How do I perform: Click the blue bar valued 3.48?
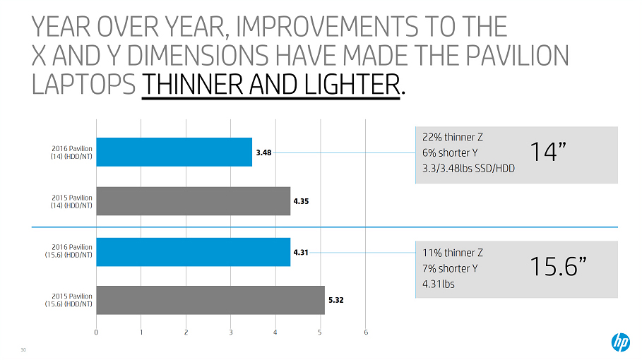click(174, 152)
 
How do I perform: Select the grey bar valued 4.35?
click(193, 200)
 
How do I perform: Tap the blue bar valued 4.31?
click(193, 251)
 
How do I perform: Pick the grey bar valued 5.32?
click(210, 300)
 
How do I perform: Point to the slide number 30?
click(23, 349)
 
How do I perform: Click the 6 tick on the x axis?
click(365, 332)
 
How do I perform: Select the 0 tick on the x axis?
click(96, 332)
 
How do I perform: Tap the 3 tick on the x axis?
click(231, 332)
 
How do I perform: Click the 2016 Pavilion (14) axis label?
click(73, 152)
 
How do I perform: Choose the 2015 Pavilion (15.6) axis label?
click(73, 300)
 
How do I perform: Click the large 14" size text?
click(552, 150)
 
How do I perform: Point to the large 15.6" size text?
click(559, 266)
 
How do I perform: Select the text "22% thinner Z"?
click(452, 137)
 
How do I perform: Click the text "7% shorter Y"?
click(451, 268)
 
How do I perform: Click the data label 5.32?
click(336, 300)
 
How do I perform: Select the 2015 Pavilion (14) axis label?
click(73, 201)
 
